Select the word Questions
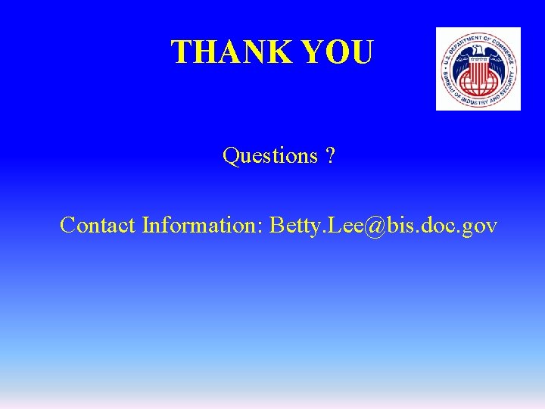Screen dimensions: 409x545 click(x=270, y=156)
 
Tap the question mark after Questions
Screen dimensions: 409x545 click(x=331, y=155)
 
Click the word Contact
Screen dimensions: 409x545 click(x=98, y=225)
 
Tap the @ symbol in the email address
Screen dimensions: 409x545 click(x=363, y=225)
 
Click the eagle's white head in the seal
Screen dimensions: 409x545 click(x=478, y=54)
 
